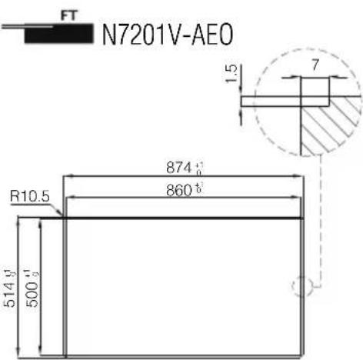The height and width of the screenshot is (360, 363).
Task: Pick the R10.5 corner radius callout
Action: coord(31,197)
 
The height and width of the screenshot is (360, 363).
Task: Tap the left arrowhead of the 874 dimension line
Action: coord(65,177)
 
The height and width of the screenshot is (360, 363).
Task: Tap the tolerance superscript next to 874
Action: coord(201,167)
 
